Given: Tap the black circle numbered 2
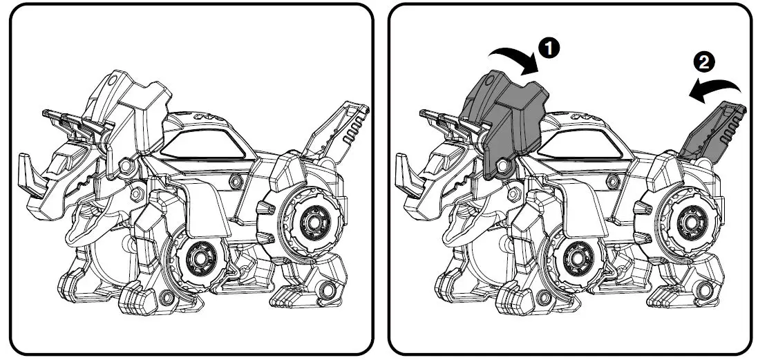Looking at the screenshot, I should [x=703, y=62].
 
